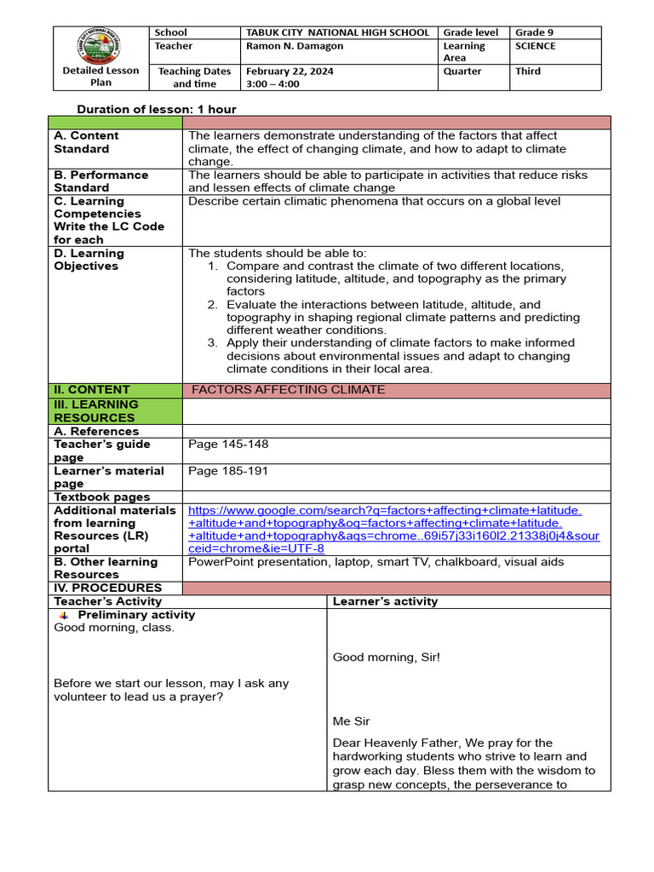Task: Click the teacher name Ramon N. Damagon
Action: click(x=290, y=46)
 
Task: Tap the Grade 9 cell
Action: click(x=534, y=32)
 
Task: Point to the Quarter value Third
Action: click(x=528, y=72)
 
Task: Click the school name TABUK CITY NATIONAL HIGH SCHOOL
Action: click(x=337, y=32)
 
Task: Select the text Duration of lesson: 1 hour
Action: click(x=157, y=109)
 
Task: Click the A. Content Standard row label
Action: click(x=86, y=142)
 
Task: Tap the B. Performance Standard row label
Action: click(x=100, y=181)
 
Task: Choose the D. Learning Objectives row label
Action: click(x=89, y=260)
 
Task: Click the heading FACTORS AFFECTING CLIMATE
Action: click(x=289, y=390)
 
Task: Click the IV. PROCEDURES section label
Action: click(x=107, y=588)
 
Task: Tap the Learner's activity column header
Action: click(x=385, y=601)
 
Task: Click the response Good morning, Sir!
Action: click(x=387, y=657)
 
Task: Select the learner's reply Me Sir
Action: click(x=351, y=721)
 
